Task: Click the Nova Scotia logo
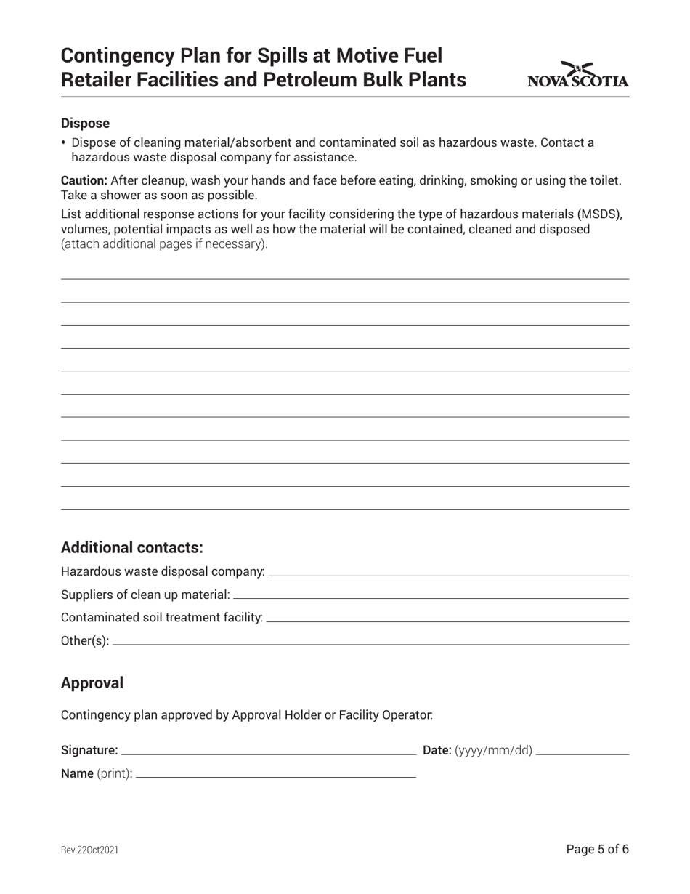point(577,76)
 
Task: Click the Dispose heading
point(85,124)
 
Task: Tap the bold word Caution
point(84,180)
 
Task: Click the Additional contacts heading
point(131,547)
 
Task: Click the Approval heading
point(92,683)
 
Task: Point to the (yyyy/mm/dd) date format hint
point(493,750)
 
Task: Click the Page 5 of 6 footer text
point(597,849)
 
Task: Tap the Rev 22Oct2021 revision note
point(89,850)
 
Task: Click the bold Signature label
point(89,750)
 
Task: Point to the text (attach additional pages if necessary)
point(164,244)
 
